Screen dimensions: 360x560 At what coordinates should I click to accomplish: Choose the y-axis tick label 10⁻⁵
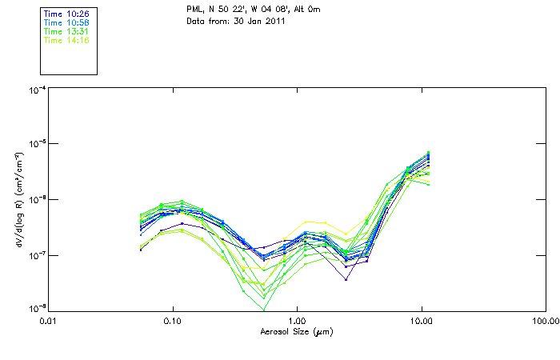click(36, 145)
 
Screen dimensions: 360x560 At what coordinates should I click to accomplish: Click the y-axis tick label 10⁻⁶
click(36, 200)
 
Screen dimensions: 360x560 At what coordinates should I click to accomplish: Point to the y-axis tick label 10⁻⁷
click(36, 255)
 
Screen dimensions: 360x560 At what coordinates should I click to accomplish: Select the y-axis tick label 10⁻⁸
click(36, 309)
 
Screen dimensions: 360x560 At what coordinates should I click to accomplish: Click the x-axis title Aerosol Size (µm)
click(297, 331)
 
